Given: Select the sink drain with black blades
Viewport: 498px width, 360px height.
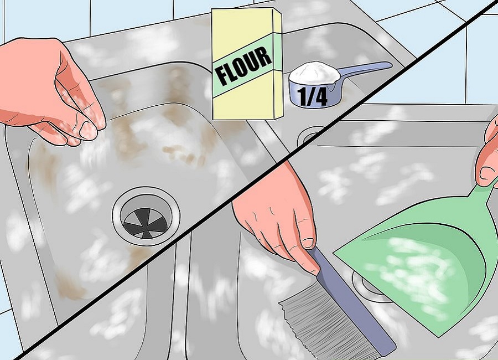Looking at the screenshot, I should (x=147, y=214).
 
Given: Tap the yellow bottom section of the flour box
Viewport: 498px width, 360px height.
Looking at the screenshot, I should (x=243, y=102).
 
